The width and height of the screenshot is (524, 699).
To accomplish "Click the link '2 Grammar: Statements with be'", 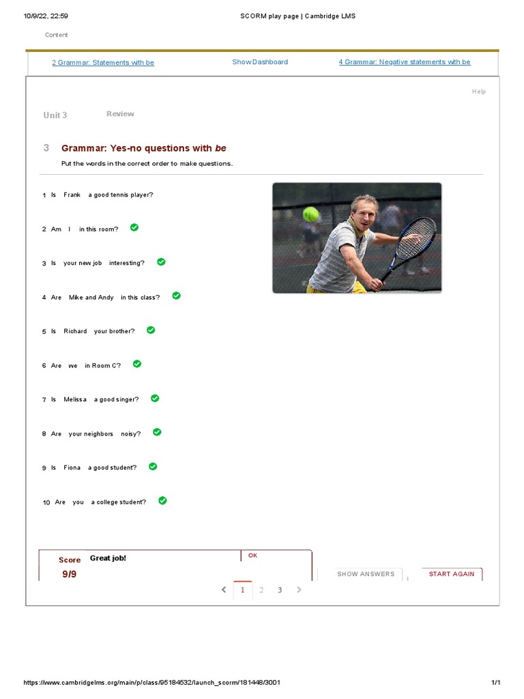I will [103, 62].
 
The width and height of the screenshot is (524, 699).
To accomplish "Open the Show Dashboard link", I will [259, 61].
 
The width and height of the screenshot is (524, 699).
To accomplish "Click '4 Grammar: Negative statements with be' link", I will [404, 62].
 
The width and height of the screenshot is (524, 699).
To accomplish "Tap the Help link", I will [479, 91].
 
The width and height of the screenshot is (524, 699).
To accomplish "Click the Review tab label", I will [120, 114].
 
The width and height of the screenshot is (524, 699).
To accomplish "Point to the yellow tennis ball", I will [311, 214].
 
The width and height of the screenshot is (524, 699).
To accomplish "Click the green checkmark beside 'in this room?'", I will [134, 227].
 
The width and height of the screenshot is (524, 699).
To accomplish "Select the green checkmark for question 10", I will [162, 500].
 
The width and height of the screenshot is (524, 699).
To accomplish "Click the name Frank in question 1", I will [72, 195].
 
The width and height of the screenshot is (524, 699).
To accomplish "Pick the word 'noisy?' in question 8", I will [131, 434].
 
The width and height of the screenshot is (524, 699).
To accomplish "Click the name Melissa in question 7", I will [75, 400].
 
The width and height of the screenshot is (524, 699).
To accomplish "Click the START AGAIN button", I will [451, 574].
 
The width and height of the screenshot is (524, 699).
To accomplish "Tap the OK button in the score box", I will [252, 556].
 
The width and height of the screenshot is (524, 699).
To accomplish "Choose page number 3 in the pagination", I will [279, 590].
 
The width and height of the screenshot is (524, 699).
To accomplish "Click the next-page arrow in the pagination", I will [298, 590].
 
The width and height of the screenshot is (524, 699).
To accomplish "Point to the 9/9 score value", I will [70, 574].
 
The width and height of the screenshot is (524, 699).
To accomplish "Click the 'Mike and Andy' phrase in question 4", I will [91, 298].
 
